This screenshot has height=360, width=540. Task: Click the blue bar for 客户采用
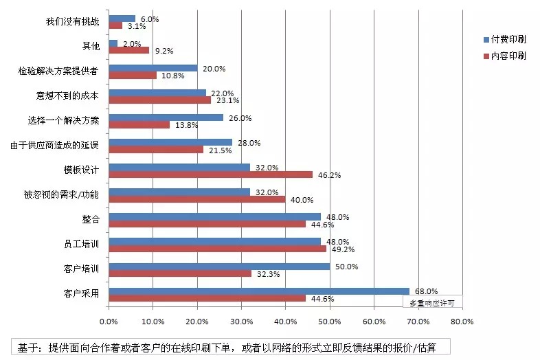[x=259, y=291]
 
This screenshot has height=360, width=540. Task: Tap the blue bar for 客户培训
[x=219, y=267]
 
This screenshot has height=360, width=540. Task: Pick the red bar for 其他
[x=128, y=50]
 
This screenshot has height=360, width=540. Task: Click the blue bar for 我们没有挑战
[x=122, y=19]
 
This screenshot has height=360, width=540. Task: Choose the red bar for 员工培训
[x=217, y=249]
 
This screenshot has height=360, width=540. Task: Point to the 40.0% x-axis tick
[x=286, y=321]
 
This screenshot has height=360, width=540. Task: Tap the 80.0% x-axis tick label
[x=462, y=321]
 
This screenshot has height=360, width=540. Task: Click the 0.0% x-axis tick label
[x=109, y=321]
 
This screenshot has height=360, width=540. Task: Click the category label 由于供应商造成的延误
[x=55, y=145]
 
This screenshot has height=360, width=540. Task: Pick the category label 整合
[x=90, y=220]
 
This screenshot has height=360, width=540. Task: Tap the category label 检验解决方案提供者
[x=59, y=71]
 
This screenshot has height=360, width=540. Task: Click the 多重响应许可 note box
[x=431, y=302]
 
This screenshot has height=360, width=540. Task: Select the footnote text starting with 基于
[x=230, y=344]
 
